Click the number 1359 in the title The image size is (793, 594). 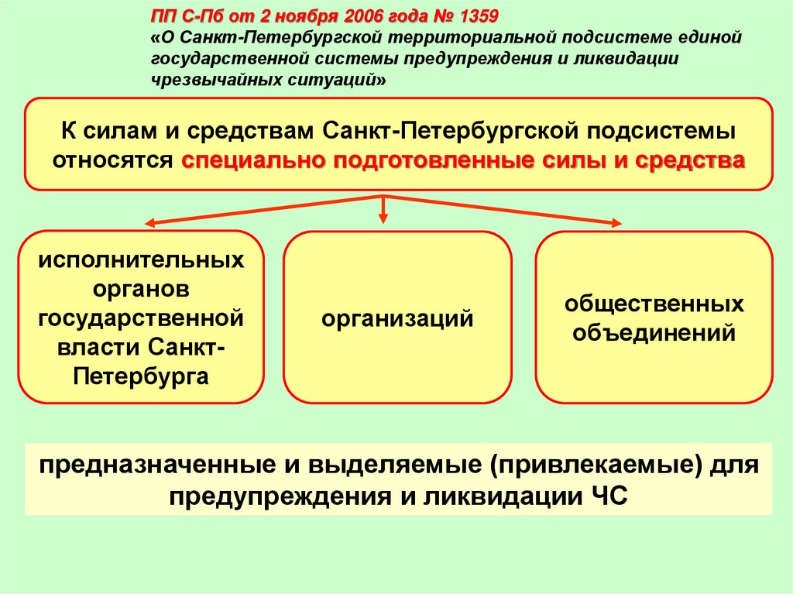473,15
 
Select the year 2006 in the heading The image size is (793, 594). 352,15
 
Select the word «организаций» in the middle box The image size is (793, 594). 398,318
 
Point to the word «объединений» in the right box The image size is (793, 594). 654,334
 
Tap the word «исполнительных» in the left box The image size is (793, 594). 141,259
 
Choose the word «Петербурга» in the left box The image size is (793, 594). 141,377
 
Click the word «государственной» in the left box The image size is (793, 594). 141,318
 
